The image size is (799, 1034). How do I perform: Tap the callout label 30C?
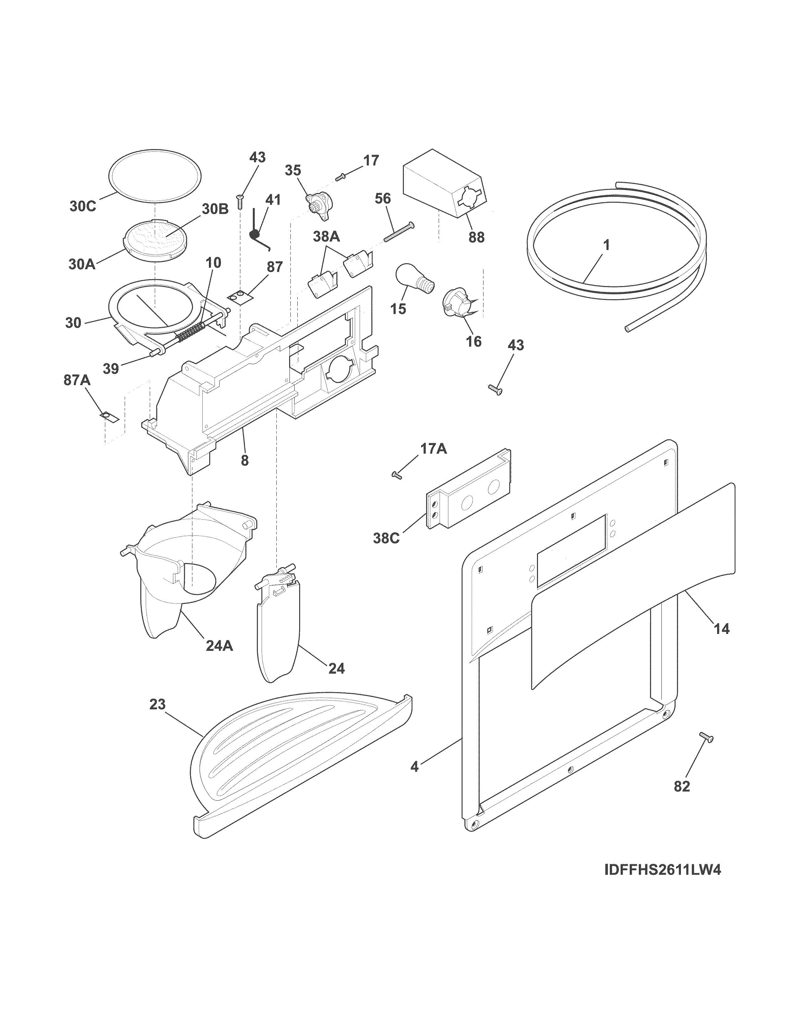point(82,207)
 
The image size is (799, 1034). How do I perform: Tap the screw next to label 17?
point(341,177)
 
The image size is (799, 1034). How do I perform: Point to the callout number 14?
point(721,629)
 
